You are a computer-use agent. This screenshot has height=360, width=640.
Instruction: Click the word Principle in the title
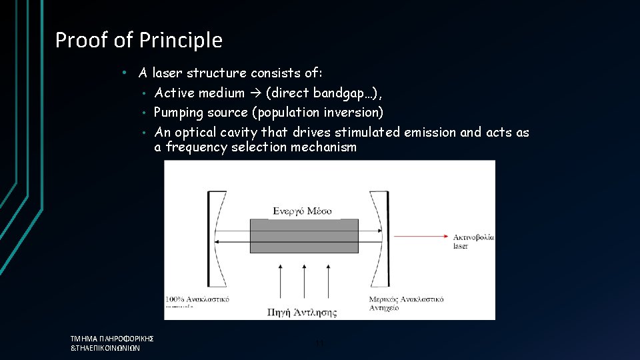[x=181, y=41]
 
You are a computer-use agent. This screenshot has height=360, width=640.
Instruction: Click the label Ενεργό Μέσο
[x=302, y=211]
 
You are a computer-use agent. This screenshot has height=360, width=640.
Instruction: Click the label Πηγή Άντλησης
[x=301, y=311]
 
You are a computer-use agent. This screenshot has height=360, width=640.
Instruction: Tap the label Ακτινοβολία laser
[x=473, y=241]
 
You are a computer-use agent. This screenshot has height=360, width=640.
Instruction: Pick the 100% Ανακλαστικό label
[x=197, y=299]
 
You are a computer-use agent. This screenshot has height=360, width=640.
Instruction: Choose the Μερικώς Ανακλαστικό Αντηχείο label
[x=406, y=304]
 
